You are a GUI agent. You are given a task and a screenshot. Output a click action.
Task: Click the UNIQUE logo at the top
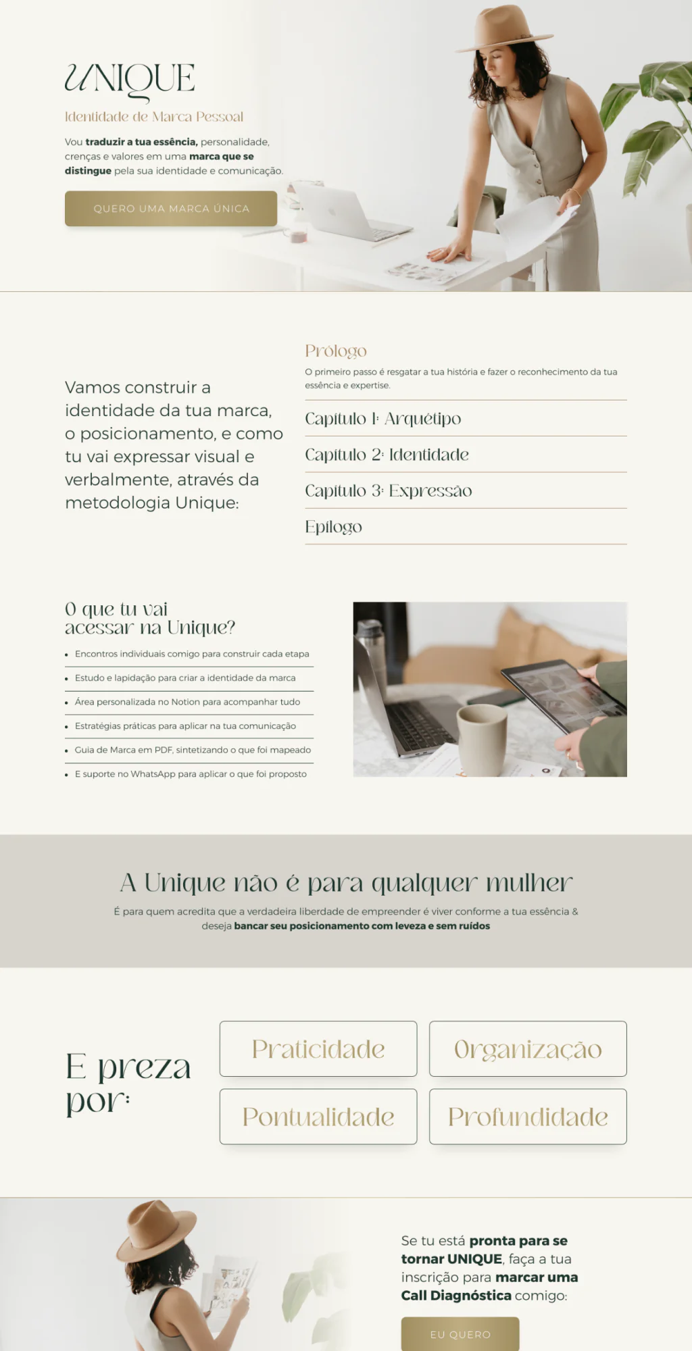tap(130, 80)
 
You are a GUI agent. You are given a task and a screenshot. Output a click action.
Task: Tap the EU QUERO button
tap(460, 1334)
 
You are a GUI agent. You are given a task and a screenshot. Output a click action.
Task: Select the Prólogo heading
tap(336, 351)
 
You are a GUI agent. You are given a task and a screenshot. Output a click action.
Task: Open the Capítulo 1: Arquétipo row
tap(383, 419)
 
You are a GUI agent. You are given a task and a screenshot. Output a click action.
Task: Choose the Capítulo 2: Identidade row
tap(387, 455)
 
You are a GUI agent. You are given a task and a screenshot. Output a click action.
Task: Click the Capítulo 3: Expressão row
tap(389, 491)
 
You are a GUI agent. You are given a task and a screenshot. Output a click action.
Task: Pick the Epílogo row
tap(334, 527)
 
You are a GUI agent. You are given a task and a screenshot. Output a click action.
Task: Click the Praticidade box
tap(318, 1049)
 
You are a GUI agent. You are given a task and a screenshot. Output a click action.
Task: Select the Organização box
tap(528, 1049)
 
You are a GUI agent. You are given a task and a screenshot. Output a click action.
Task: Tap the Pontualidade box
tap(318, 1117)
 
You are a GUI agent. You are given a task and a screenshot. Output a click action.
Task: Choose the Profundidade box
tap(528, 1117)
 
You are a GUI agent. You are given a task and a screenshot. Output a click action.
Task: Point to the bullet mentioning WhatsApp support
tap(191, 774)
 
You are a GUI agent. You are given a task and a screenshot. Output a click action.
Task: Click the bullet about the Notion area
tap(187, 702)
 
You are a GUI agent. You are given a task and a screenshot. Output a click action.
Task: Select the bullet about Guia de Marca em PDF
tap(193, 750)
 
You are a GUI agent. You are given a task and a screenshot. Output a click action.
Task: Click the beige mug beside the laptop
tap(482, 738)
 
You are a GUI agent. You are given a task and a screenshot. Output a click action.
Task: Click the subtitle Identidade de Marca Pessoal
tap(154, 117)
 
